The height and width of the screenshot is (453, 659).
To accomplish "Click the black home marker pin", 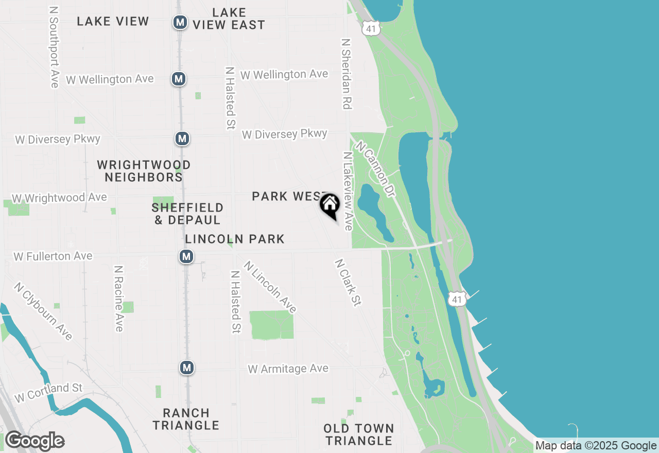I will point(329,204).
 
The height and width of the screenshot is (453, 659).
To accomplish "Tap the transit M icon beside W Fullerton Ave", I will point(186,256).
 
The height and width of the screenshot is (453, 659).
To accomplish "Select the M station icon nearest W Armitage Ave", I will point(186,368).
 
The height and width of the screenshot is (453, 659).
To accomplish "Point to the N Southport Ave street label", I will point(54,47).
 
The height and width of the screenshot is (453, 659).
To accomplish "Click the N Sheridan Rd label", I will point(346,73).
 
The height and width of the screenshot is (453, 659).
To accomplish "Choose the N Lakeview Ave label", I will point(348,190).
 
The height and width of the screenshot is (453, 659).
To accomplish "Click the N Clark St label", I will point(347,282).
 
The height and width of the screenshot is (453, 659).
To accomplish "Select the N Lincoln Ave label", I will point(271,287).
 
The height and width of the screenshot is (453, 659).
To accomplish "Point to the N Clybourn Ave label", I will point(43,311).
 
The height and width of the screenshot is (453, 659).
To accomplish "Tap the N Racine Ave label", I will point(119,299).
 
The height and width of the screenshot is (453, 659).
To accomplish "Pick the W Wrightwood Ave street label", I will point(59,198).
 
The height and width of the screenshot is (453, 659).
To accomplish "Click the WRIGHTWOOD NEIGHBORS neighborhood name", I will point(144,171).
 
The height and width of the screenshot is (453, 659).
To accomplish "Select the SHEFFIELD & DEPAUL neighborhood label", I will point(187,214).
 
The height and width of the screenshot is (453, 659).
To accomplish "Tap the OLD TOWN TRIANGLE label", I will point(359,434).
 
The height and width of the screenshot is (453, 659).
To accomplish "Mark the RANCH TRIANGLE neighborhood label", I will point(186,419).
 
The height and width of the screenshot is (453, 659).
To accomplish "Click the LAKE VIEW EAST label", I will point(229,19).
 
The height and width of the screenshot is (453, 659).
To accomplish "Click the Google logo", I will point(35,441).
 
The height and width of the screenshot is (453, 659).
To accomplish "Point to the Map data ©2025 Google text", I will point(596,446).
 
